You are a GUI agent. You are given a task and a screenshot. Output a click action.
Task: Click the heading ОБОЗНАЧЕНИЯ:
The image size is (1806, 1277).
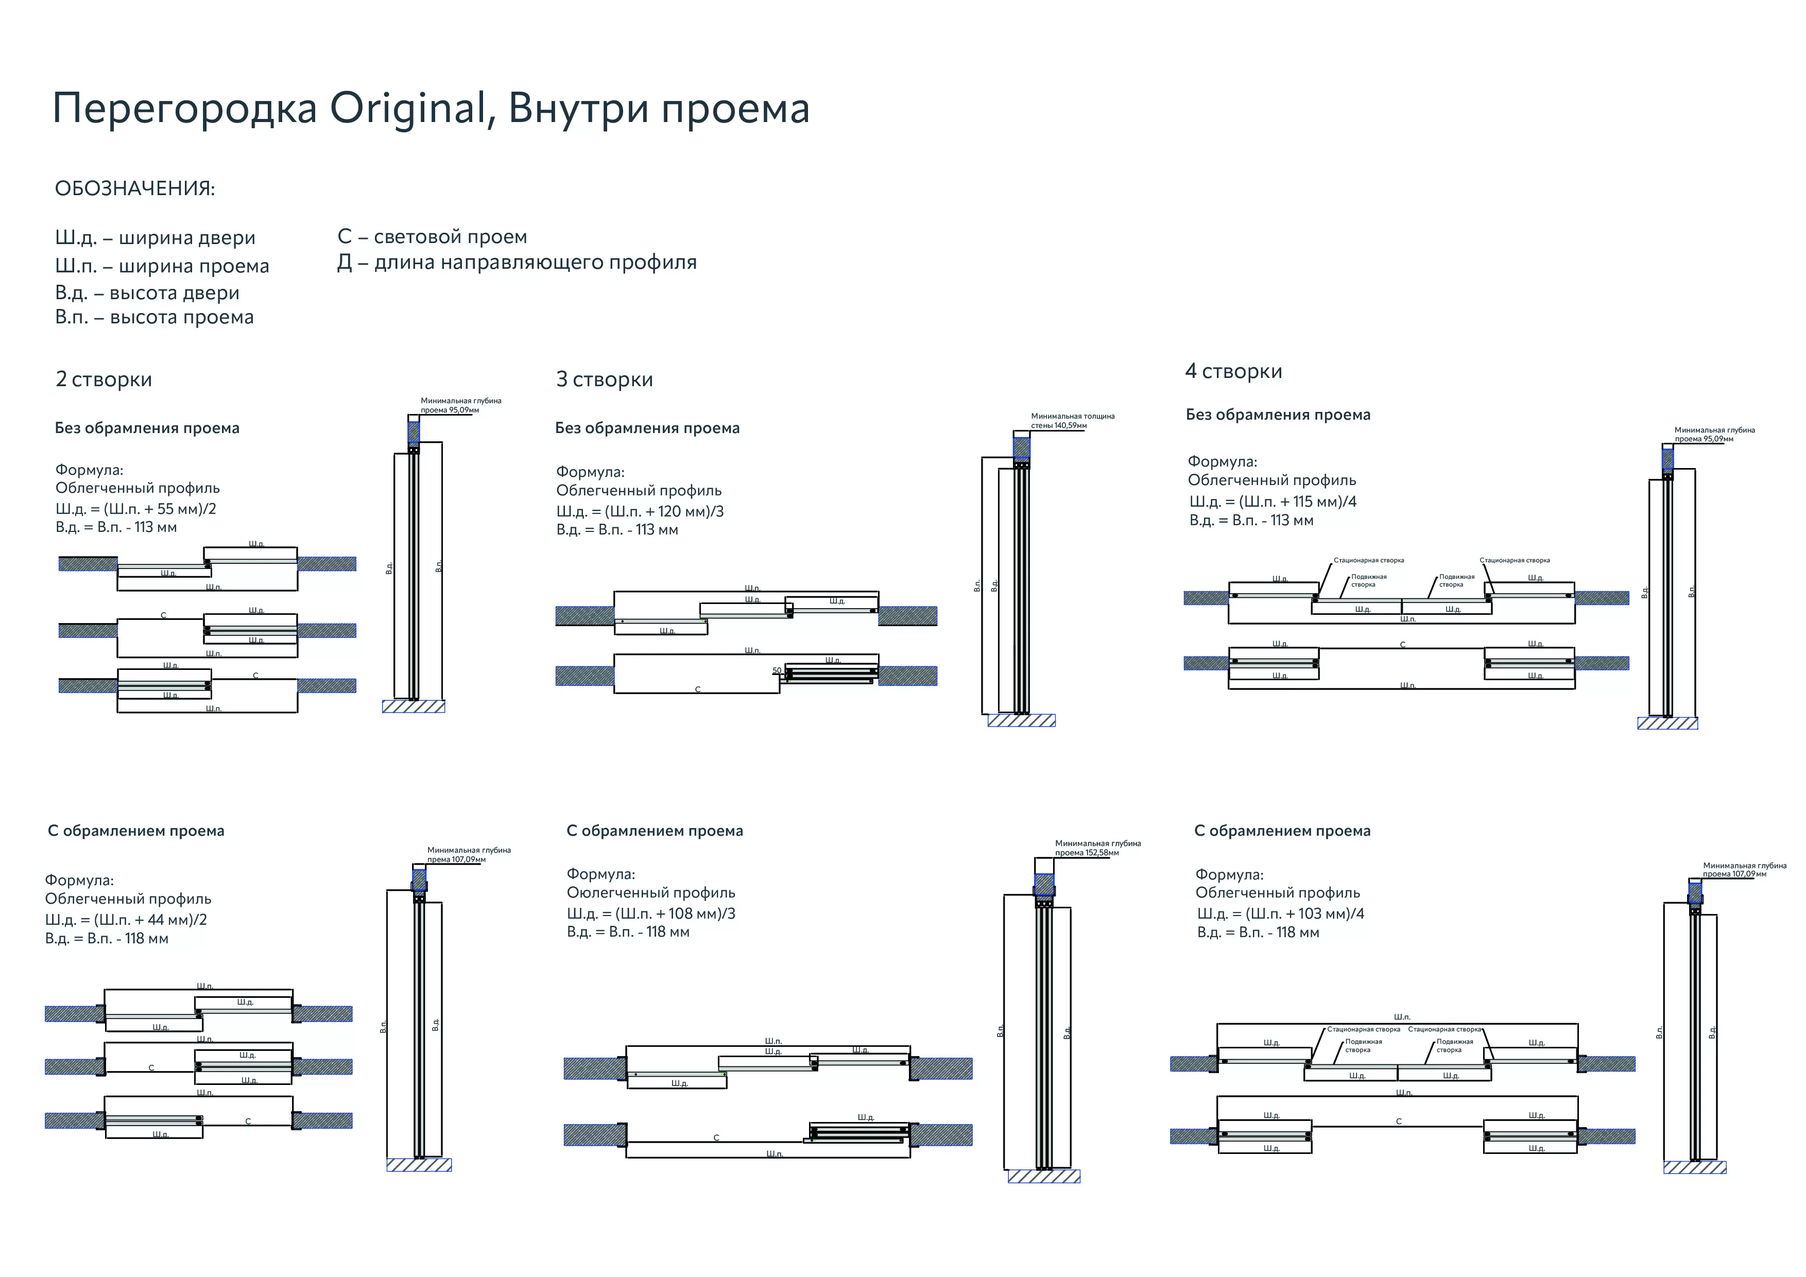pyautogui.click(x=134, y=189)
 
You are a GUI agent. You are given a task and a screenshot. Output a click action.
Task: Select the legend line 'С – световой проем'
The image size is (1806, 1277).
pyautogui.click(x=432, y=237)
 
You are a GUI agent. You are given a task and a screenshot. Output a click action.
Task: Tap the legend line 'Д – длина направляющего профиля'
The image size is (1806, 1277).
pyautogui.click(x=517, y=263)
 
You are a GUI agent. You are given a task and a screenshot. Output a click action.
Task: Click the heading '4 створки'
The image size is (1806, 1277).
pyautogui.click(x=1233, y=371)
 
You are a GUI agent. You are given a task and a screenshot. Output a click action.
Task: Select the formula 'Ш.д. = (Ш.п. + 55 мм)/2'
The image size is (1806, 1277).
pyautogui.click(x=135, y=509)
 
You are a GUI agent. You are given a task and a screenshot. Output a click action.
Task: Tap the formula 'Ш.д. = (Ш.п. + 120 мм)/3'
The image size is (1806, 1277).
pyautogui.click(x=640, y=511)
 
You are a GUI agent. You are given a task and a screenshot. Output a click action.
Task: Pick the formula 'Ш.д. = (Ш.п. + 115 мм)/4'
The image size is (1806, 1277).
pyautogui.click(x=1272, y=502)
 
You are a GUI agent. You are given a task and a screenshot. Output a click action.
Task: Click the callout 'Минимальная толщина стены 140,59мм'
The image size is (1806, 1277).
pyautogui.click(x=1072, y=421)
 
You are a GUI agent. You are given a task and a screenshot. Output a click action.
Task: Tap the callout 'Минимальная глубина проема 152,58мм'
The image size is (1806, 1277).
pyautogui.click(x=1097, y=848)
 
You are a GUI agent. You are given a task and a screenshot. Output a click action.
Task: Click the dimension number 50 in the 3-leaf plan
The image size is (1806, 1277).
pyautogui.click(x=777, y=671)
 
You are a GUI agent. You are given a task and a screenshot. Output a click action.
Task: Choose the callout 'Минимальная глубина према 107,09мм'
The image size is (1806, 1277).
pyautogui.click(x=468, y=855)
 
